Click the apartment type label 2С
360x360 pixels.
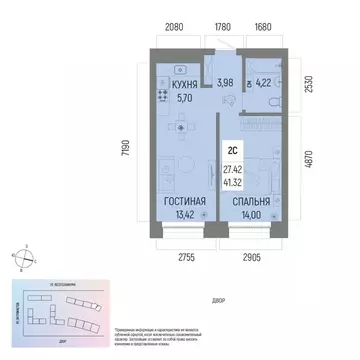(x=231, y=150)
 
